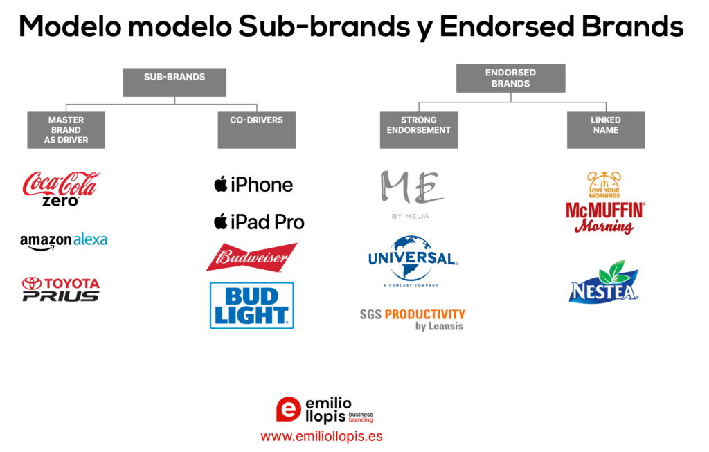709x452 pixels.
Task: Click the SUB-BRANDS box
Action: [174, 82]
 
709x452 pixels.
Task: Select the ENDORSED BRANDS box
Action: [510, 78]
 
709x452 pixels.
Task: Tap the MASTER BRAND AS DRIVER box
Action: [66, 130]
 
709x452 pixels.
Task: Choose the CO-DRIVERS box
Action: [256, 130]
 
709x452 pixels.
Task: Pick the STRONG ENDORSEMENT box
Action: [418, 130]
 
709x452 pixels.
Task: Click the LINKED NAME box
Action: [605, 130]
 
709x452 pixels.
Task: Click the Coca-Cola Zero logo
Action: [61, 188]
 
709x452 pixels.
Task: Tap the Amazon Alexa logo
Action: [64, 240]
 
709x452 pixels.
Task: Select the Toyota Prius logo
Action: [61, 289]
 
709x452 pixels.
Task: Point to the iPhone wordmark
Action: [253, 185]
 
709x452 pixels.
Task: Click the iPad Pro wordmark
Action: [259, 222]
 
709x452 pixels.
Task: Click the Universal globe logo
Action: [412, 261]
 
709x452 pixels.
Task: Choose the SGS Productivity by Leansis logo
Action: [411, 318]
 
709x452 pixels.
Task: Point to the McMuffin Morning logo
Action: [607, 204]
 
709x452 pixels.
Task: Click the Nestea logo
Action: [604, 281]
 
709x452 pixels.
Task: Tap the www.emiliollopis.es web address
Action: [321, 437]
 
